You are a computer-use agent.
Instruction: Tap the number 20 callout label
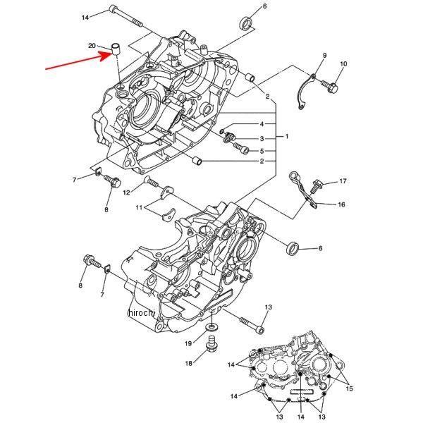[x=92, y=46]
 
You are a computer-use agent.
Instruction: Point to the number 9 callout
[x=324, y=55]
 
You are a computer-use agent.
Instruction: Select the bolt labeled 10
[x=331, y=86]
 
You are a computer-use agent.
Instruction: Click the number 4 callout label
[x=262, y=124]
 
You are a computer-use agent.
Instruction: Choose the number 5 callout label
[x=262, y=150]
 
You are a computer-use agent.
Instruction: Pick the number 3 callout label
[x=262, y=138]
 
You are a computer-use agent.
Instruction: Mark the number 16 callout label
[x=341, y=205]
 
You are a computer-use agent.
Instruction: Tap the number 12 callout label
[x=127, y=192]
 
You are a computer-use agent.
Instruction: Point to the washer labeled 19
[x=211, y=329]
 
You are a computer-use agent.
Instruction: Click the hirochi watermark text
[x=141, y=312]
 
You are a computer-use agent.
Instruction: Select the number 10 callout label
[x=343, y=65]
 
